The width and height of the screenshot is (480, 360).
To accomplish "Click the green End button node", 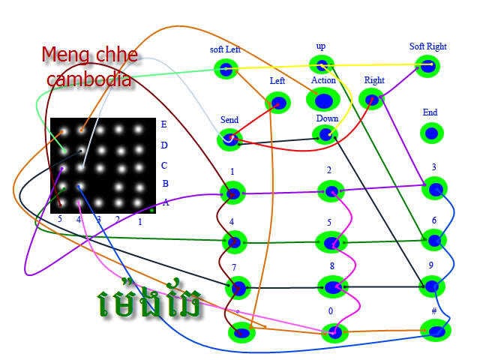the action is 430,133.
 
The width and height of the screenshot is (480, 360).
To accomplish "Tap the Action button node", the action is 323,99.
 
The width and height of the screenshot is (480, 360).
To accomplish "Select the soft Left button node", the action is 225,70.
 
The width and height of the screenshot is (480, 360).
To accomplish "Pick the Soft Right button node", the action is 427,66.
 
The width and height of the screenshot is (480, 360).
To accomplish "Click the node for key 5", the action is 332,242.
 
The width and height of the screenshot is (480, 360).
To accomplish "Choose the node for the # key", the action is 436,329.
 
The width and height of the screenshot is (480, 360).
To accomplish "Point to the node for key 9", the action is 431,285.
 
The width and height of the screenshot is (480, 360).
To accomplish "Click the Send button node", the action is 229,139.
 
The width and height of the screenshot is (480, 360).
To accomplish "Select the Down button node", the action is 325,134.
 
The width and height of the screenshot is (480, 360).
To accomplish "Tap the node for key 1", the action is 233,193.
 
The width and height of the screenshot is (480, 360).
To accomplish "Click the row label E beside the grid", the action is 164,124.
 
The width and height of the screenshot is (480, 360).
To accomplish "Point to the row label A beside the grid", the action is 166,202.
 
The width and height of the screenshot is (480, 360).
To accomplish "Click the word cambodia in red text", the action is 89,78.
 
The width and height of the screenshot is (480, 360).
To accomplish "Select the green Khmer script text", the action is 150,301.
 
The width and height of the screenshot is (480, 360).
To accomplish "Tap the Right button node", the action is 371,97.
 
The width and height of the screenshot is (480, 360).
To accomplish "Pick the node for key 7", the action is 238,287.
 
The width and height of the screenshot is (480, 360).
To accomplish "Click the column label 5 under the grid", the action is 60,220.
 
